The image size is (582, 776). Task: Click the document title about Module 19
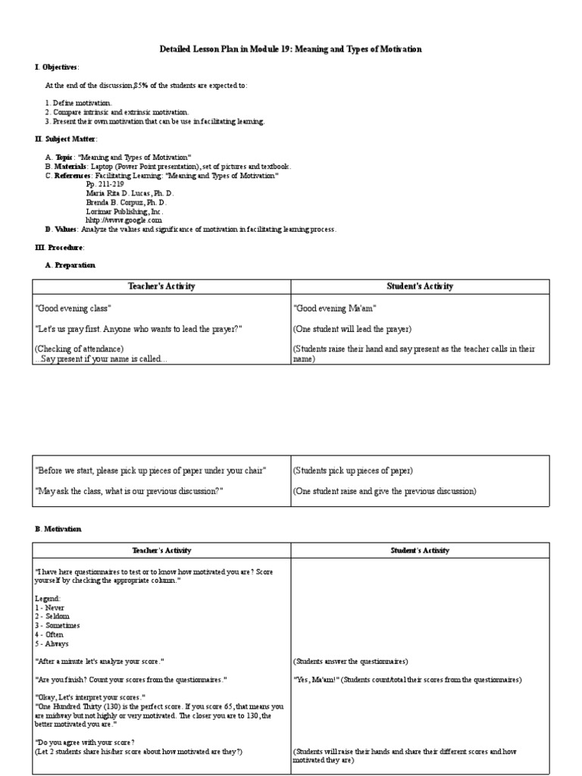point(291,49)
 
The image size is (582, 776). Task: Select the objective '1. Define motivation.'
point(79,103)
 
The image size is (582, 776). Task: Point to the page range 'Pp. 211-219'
point(105,184)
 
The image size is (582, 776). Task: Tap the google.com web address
point(124,221)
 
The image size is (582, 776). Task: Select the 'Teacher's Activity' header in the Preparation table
point(161,286)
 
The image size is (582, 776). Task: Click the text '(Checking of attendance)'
point(79,349)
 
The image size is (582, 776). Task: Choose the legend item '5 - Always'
point(54,644)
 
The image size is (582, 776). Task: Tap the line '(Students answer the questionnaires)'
point(351,662)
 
